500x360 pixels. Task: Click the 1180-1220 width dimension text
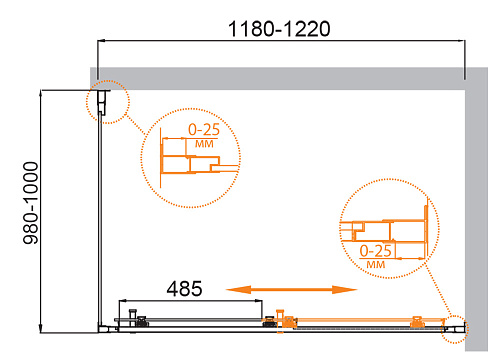(x=279, y=29)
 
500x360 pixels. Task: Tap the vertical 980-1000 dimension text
(x=31, y=203)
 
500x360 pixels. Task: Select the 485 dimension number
(x=184, y=289)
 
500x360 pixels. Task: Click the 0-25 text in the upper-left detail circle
(x=204, y=129)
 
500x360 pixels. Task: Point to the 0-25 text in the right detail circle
(x=375, y=251)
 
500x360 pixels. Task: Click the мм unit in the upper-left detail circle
(x=204, y=144)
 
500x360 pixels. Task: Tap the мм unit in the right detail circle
(x=376, y=265)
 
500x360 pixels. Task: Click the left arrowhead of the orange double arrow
(x=238, y=290)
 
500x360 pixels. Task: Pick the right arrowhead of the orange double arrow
(x=345, y=290)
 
